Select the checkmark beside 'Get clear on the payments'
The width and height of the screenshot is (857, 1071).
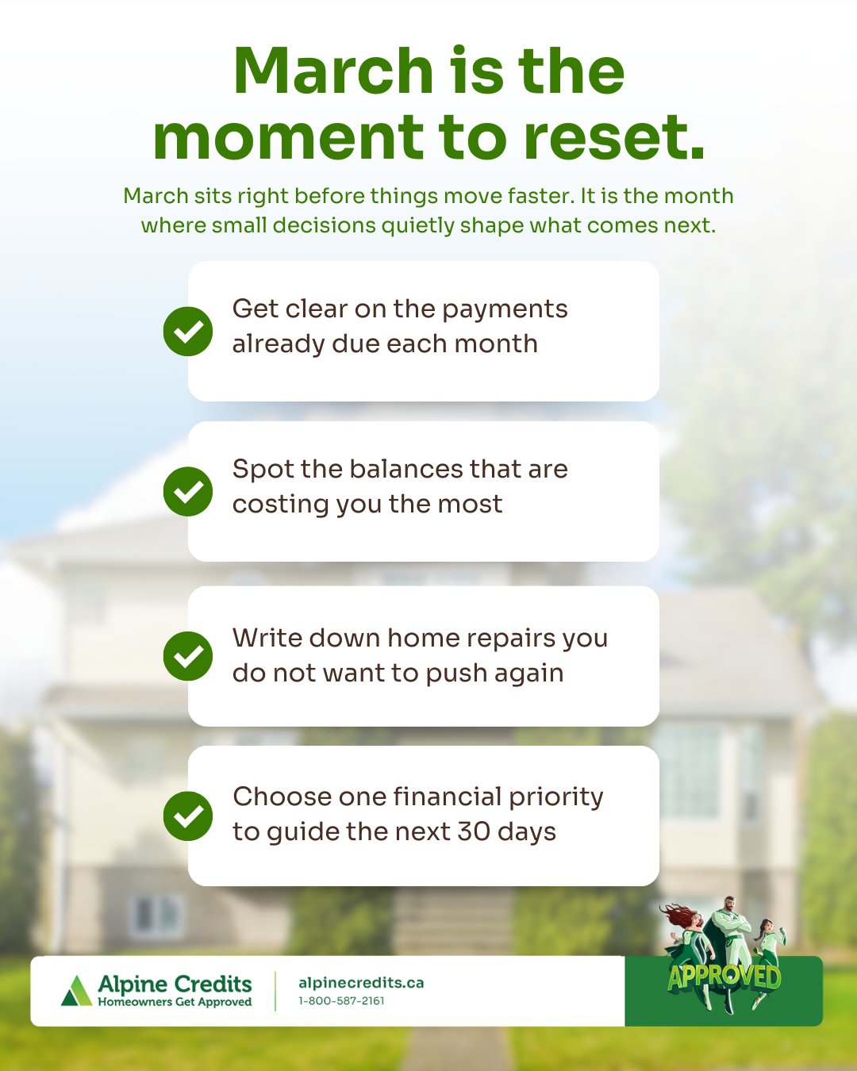188,331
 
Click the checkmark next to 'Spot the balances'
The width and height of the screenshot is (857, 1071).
188,491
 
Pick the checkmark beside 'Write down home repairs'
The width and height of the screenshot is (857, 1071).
188,656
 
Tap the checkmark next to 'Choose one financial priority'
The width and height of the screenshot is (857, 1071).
188,816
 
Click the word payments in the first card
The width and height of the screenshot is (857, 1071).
505,310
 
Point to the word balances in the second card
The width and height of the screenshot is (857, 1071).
405,469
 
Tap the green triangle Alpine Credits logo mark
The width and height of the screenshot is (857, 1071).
77,990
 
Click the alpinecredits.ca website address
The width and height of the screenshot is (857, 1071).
361,983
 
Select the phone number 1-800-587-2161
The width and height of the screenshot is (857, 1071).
341,1001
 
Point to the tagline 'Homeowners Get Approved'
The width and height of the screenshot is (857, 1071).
175,1002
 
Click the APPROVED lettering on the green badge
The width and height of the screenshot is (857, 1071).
724,977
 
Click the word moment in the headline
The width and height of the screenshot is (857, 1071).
288,137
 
